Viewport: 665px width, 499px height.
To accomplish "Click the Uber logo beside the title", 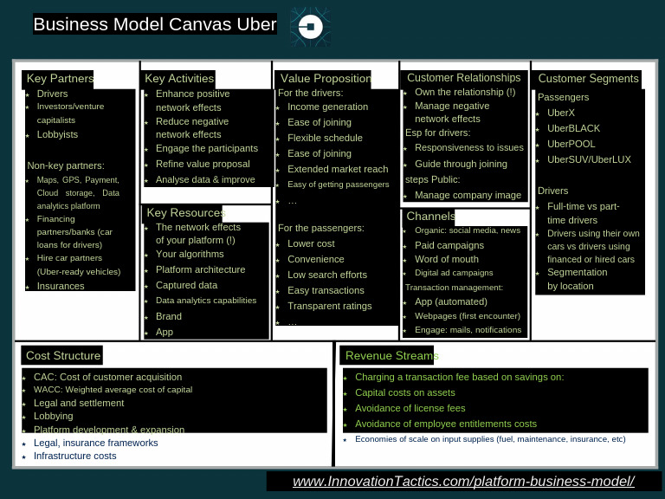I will pos(310,27).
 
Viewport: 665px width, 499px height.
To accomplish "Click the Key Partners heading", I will pos(60,79).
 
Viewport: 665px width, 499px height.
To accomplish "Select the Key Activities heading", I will pos(178,79).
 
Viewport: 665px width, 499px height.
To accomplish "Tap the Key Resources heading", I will pos(185,213).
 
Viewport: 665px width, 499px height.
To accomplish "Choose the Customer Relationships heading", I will pos(463,78).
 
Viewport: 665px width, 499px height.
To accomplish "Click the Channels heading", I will pos(430,216).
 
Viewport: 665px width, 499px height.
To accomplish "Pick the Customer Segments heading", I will pos(588,79).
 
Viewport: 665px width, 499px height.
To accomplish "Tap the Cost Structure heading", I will pos(63,355).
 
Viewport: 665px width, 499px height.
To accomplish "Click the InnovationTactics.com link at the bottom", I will pos(463,482).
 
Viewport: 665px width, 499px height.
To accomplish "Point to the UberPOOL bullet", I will pos(571,144).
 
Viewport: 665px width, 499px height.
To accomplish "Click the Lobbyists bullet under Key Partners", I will pos(57,134).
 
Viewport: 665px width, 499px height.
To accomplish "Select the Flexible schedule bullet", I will pos(325,138).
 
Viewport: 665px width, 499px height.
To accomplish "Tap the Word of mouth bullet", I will pos(446,259).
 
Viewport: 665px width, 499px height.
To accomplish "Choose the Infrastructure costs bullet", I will pos(74,456).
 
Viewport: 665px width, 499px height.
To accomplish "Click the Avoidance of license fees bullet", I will pos(410,408).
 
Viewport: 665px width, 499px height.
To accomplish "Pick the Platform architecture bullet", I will pos(200,269).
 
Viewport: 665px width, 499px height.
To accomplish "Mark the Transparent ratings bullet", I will pos(329,306).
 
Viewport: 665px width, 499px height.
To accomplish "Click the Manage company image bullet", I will pos(468,195).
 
